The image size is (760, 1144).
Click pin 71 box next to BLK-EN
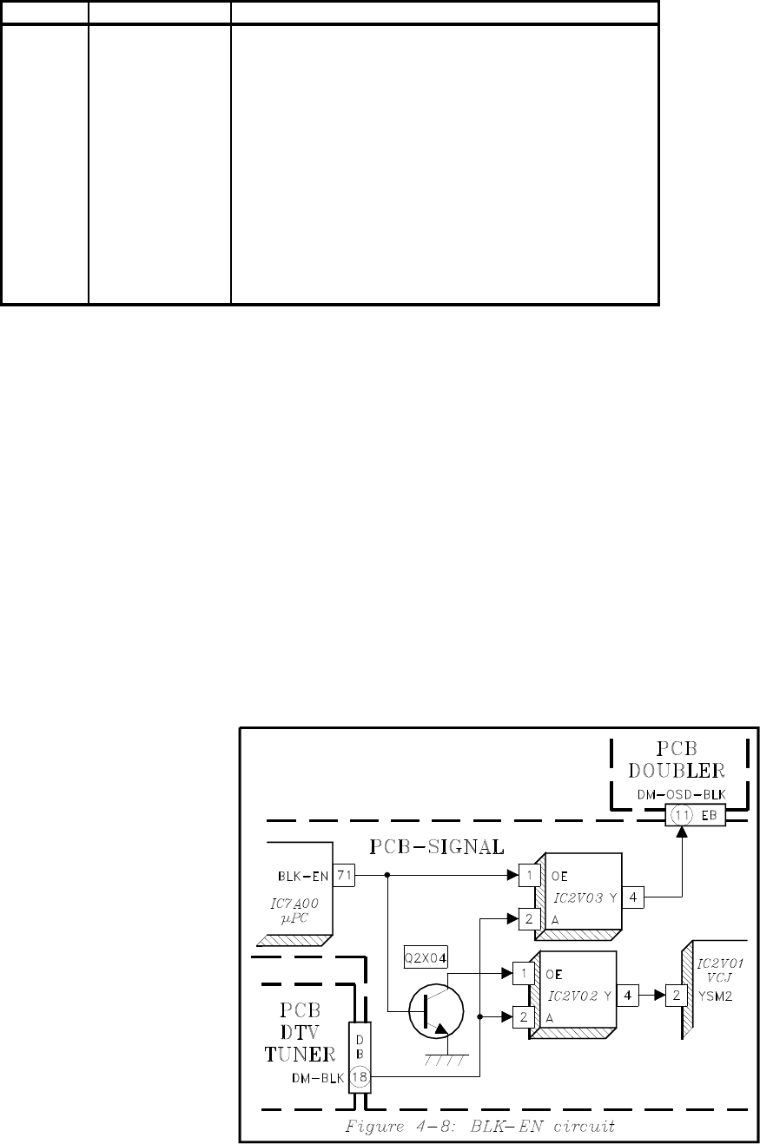pos(343,876)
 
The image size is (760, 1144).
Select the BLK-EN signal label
pos(303,877)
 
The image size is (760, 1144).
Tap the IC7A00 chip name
pos(294,903)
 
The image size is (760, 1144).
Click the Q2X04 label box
pos(426,958)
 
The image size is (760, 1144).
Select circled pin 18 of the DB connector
pos(360,1077)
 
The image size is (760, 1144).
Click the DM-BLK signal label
pos(318,1078)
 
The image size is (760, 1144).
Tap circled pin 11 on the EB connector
pos(682,815)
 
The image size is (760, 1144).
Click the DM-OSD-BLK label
pos(681,795)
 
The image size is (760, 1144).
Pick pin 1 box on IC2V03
pos(530,876)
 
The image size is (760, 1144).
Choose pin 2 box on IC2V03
pos(530,919)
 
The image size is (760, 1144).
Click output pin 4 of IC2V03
pos(632,897)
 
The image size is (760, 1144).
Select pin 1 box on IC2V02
pos(524,973)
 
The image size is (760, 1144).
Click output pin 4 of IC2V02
pos(628,995)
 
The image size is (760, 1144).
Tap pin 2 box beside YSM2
pos(676,995)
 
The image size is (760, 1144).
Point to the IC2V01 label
pos(720,963)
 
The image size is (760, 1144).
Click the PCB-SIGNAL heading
pos(437,846)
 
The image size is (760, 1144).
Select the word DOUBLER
pos(676,770)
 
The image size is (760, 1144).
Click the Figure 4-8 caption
pos(479,1126)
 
